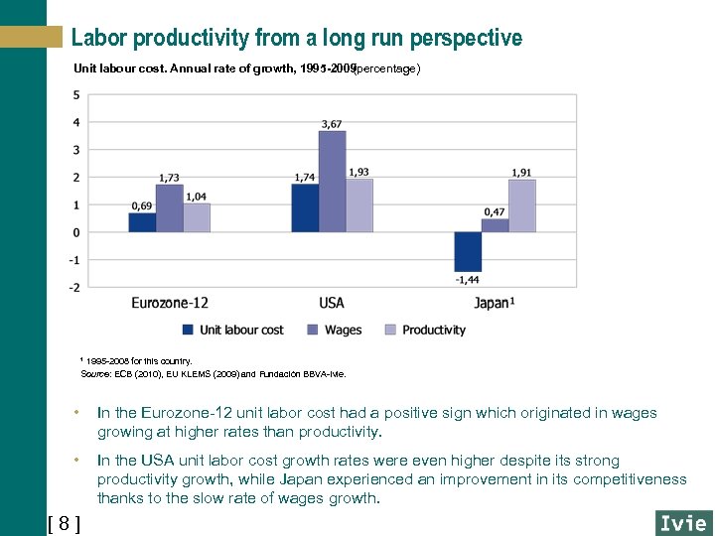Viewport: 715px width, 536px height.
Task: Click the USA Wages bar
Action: point(332,182)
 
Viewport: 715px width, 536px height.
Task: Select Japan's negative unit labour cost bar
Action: point(468,251)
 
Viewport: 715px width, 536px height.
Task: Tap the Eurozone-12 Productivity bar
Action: point(197,217)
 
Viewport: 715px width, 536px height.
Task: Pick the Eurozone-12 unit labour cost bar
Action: point(142,222)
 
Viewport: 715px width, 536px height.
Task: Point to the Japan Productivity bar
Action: point(522,205)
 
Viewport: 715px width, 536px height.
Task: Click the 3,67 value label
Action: point(332,123)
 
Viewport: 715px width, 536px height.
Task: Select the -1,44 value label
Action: point(468,280)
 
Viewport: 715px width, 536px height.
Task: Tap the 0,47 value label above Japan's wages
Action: point(495,211)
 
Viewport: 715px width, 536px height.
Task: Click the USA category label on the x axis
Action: point(332,302)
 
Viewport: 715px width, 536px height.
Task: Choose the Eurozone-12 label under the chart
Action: point(170,302)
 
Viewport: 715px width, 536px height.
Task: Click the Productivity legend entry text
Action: point(434,330)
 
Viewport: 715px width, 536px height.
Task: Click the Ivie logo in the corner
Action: point(683,522)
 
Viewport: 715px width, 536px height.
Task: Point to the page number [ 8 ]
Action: point(65,523)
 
